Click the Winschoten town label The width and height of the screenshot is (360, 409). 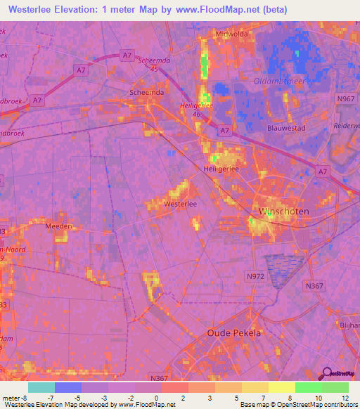pos(285,211)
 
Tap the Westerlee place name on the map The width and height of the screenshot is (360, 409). pos(179,203)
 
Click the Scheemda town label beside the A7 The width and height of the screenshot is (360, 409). pos(146,92)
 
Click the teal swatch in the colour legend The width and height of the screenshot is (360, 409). pos(41,387)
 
